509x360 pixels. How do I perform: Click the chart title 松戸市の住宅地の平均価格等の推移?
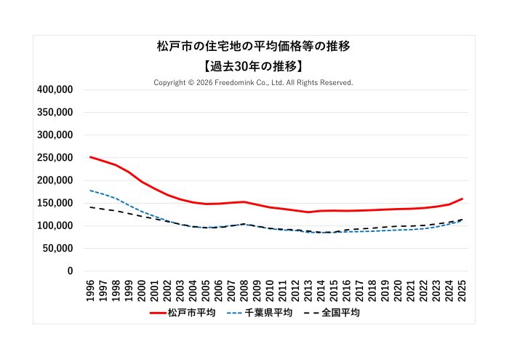[254, 47]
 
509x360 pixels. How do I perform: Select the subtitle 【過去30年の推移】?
[254, 65]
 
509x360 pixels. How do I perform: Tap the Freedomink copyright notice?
[253, 83]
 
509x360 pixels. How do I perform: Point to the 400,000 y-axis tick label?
[55, 89]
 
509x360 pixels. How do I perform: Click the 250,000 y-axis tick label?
[55, 158]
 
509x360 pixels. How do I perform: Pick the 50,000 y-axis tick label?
[57, 248]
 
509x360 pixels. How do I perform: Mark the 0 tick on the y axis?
[70, 271]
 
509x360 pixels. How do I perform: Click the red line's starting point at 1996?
[90, 157]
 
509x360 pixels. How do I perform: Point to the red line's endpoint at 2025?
[462, 199]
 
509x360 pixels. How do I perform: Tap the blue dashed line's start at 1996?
[90, 191]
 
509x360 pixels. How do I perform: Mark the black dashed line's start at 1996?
[90, 207]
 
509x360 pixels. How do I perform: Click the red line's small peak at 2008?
[244, 201]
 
